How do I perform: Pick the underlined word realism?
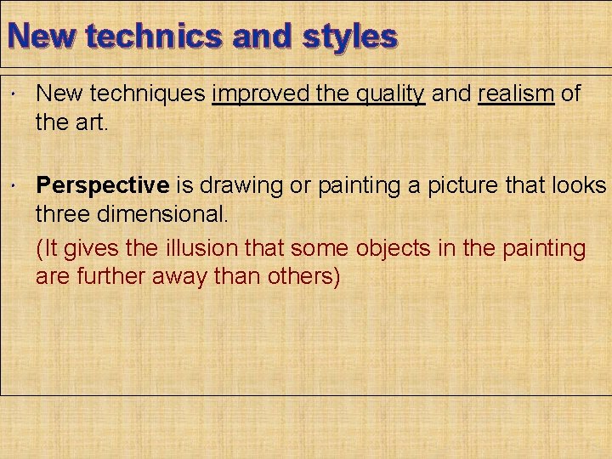tap(517, 93)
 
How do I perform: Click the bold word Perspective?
tap(103, 186)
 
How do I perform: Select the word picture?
tap(474, 186)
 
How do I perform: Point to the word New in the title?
tap(43, 37)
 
